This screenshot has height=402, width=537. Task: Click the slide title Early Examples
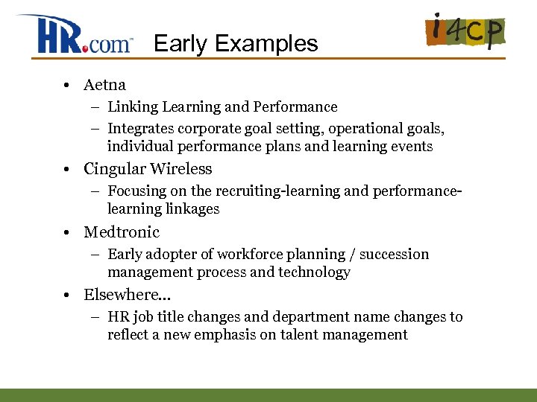pyautogui.click(x=236, y=44)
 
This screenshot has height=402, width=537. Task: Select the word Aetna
pyautogui.click(x=104, y=85)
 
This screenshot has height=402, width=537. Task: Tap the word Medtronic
pyautogui.click(x=122, y=232)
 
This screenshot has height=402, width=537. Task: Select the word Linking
pyautogui.click(x=131, y=107)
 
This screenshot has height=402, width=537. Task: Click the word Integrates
pyautogui.click(x=141, y=129)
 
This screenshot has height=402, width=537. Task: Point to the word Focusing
pyautogui.click(x=137, y=191)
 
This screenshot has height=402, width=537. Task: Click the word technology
pyautogui.click(x=314, y=272)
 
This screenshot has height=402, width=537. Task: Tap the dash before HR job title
pyautogui.click(x=96, y=317)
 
